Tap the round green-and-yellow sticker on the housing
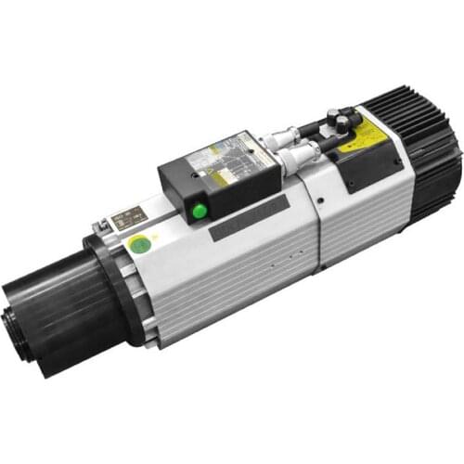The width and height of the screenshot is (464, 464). tap(139, 246)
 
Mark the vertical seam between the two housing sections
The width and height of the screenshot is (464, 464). tap(311, 223)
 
